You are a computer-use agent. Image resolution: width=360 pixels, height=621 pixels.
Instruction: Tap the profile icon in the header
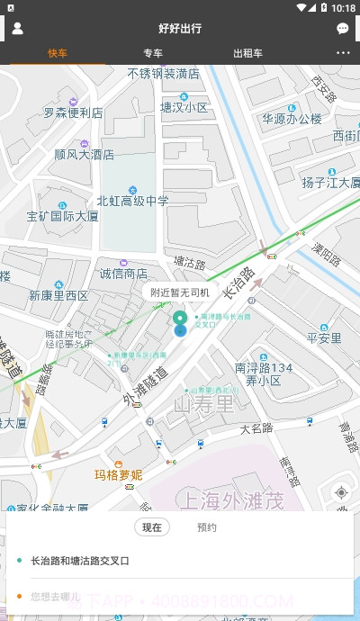click(17, 28)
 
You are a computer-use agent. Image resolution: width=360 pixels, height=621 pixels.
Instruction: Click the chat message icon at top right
click(343, 29)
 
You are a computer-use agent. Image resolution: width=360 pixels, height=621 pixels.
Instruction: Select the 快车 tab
click(58, 53)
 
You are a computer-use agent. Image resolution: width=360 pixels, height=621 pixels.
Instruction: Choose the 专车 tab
click(153, 53)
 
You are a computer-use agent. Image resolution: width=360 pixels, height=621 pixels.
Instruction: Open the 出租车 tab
click(247, 53)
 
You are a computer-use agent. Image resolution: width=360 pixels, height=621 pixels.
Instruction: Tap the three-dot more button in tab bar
click(343, 53)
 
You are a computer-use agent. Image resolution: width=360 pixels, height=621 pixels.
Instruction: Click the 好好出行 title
click(180, 29)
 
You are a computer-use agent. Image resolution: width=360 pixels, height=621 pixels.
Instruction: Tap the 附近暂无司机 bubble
click(180, 292)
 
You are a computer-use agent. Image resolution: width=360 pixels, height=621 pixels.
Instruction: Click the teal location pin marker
click(180, 320)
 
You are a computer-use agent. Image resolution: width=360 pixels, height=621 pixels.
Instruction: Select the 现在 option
click(152, 527)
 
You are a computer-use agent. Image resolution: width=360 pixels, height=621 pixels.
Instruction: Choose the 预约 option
click(207, 527)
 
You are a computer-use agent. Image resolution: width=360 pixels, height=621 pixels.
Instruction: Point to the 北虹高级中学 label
click(132, 201)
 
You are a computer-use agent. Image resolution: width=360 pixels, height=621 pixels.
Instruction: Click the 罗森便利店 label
click(73, 113)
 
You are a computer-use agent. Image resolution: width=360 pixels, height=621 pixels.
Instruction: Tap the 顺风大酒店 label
click(84, 154)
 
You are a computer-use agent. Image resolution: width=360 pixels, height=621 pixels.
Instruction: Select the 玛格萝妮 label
click(119, 474)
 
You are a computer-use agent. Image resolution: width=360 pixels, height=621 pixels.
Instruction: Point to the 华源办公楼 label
click(292, 119)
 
